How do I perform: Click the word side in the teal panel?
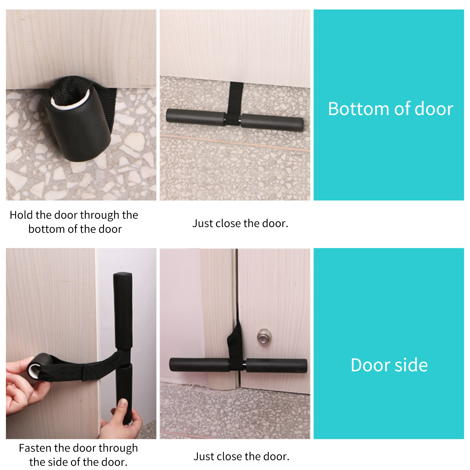[x=411, y=365]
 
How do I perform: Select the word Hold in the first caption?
[x=21, y=215]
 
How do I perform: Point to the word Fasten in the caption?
[x=35, y=448]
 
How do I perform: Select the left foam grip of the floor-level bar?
[x=196, y=116]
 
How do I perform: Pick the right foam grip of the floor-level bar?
[x=272, y=122]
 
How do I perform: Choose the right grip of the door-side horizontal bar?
[x=277, y=365]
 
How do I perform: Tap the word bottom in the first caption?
[x=47, y=229]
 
